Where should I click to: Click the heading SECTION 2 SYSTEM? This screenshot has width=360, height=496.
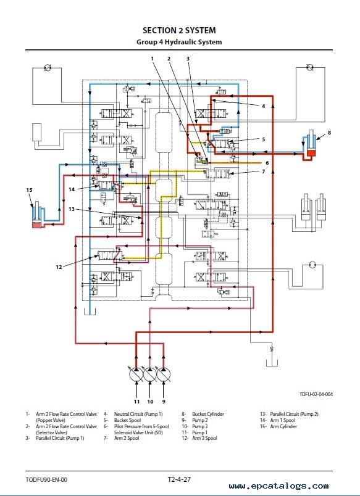[179, 30]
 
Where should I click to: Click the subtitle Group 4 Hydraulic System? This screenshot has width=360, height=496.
[179, 42]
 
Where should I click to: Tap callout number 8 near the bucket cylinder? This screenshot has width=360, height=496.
[329, 133]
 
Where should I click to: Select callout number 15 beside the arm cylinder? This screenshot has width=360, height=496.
[29, 190]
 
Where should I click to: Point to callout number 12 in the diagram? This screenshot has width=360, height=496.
[59, 267]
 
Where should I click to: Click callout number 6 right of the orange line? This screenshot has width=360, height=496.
[267, 163]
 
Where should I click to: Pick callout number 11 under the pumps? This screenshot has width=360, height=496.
[136, 402]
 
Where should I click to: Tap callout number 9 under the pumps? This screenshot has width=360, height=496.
[164, 402]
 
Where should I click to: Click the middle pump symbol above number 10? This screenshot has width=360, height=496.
[150, 375]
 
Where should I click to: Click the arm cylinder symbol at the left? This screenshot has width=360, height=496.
[38, 215]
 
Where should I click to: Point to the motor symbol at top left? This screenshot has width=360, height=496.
[48, 67]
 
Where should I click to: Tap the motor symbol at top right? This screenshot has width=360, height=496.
[310, 67]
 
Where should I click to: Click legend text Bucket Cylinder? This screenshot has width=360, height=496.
[207, 414]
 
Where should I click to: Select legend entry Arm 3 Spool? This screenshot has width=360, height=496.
[204, 438]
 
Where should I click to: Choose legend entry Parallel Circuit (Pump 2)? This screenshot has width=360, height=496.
[294, 414]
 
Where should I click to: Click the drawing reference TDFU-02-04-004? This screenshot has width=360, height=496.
[316, 394]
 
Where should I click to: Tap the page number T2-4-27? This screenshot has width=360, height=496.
[179, 479]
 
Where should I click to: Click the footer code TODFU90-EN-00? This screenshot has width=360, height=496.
[46, 480]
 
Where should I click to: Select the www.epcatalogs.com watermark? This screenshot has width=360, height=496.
[278, 486]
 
